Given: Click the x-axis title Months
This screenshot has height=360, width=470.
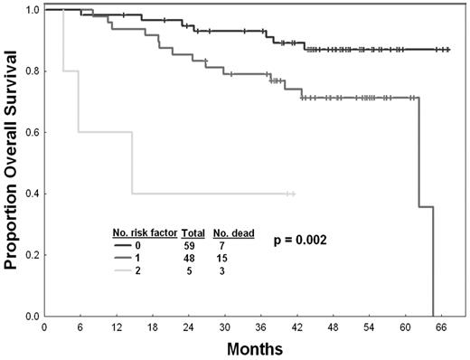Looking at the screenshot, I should [255, 346].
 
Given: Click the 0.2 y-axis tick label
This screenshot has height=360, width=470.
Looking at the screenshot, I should [31, 255].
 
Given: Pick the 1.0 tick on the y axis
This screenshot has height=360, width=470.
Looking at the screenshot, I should [31, 10].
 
